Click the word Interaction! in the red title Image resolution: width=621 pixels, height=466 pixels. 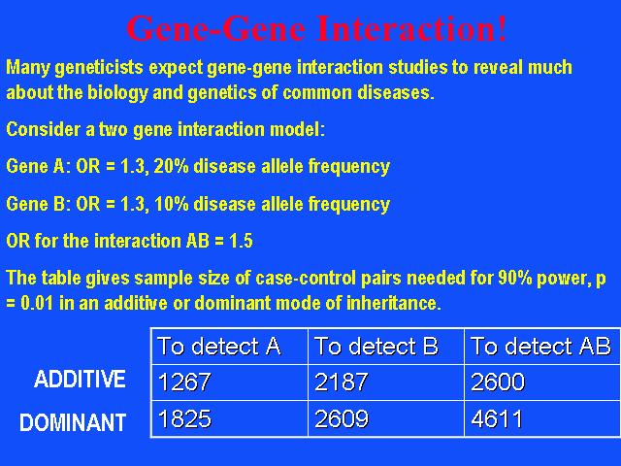(410, 28)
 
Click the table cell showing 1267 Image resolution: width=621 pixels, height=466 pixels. (229, 383)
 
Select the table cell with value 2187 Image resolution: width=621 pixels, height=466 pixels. (386, 383)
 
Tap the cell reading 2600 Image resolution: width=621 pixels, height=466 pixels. (542, 383)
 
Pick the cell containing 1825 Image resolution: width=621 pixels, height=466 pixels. (229, 418)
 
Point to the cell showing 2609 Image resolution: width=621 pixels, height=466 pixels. (386, 418)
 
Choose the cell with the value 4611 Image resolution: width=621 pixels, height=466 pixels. (542, 418)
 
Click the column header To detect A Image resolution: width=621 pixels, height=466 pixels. (229, 347)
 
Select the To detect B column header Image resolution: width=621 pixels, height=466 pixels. (386, 347)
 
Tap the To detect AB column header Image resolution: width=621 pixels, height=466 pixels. (542, 347)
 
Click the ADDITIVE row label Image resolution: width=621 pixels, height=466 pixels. (80, 379)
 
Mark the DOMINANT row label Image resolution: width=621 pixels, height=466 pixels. (73, 422)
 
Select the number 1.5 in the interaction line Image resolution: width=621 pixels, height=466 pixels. (241, 241)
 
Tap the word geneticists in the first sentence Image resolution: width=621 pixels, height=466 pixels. (99, 68)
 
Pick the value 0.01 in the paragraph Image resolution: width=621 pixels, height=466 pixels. (37, 304)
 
